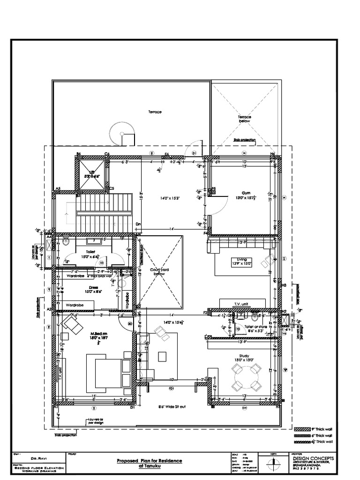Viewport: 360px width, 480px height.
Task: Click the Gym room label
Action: (246, 193)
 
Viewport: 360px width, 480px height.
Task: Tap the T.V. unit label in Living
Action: (240, 304)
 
